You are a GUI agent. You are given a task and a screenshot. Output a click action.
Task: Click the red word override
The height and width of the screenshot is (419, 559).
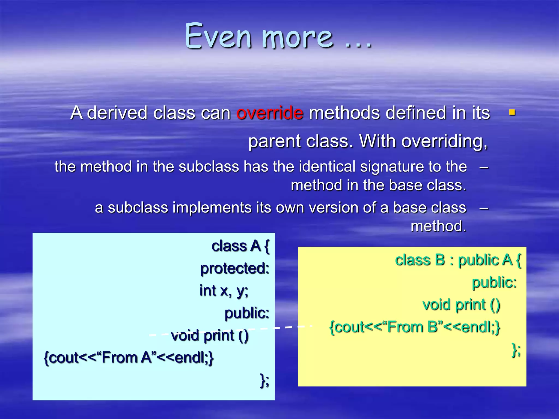coord(270,113)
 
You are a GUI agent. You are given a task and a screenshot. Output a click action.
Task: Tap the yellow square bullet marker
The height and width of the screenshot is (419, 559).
coord(512,112)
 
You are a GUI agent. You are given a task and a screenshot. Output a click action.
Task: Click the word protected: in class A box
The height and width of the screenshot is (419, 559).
coord(235,268)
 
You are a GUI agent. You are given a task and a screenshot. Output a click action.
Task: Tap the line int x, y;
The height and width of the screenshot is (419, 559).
coord(224,291)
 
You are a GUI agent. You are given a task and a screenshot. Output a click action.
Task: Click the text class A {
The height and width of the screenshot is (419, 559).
coord(240,246)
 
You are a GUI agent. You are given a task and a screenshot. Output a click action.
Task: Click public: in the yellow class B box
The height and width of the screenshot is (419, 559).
coord(494,282)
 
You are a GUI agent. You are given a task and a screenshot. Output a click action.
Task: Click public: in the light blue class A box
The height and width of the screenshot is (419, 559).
coord(247,313)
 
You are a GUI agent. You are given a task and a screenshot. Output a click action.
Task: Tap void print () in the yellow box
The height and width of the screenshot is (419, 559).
coord(461,305)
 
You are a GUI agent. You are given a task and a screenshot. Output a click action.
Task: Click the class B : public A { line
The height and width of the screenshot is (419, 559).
coord(458,260)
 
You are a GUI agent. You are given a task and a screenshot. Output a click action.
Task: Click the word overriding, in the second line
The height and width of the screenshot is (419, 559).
coord(444,141)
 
